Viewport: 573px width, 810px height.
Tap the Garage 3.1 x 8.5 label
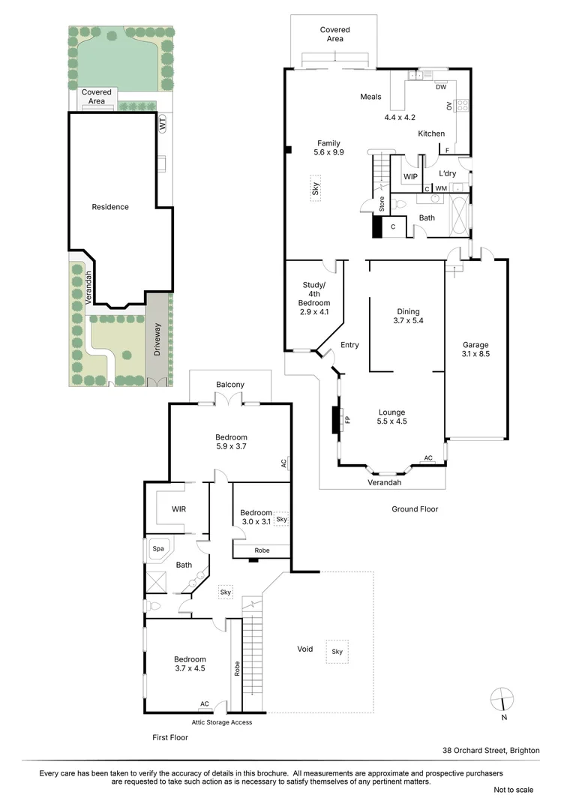click(x=475, y=349)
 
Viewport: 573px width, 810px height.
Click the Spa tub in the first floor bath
click(x=158, y=548)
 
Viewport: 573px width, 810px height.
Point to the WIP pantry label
click(x=410, y=177)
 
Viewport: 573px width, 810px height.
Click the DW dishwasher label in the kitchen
click(x=441, y=86)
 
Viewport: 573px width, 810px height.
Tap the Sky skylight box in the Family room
click(x=316, y=187)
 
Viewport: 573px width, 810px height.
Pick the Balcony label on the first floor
click(x=230, y=385)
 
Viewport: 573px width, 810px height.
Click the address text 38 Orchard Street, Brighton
click(x=490, y=750)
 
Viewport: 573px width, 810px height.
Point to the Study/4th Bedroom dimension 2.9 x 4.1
click(x=314, y=312)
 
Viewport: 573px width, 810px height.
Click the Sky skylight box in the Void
click(x=337, y=652)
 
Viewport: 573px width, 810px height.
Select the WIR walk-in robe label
click(x=178, y=509)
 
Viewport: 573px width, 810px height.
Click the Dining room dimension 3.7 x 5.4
click(x=409, y=321)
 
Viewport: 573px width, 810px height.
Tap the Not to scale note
click(x=513, y=790)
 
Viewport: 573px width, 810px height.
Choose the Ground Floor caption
click(x=415, y=509)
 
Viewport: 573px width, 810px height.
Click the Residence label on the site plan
click(x=110, y=207)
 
